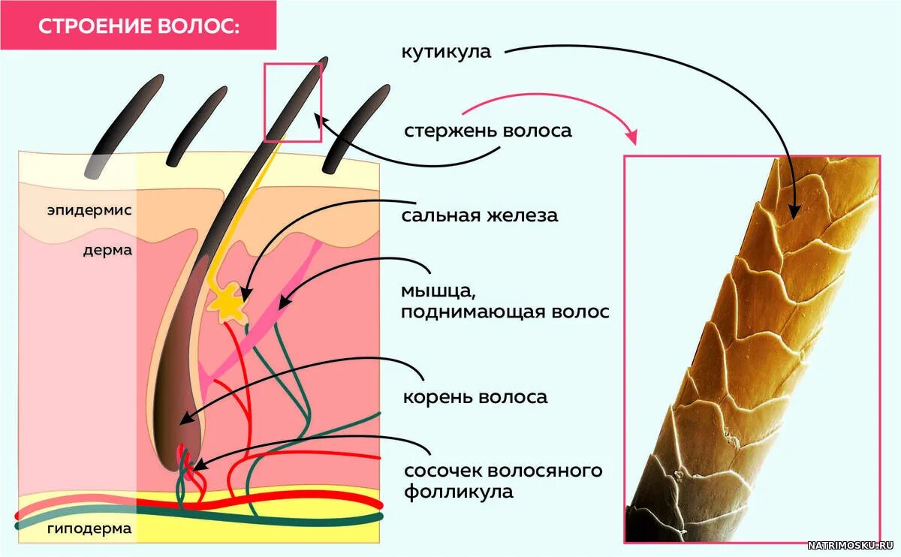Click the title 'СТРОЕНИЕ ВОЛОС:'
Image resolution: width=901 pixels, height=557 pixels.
tap(139, 26)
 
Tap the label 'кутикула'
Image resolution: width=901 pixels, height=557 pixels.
tap(446, 53)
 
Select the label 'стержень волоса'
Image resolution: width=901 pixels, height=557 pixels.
tap(488, 131)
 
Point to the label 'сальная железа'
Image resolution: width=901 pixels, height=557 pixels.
tap(480, 216)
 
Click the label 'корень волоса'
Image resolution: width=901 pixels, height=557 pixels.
tap(475, 396)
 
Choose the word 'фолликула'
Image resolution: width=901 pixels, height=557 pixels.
tap(459, 492)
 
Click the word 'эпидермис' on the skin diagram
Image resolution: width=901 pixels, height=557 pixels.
tap(89, 210)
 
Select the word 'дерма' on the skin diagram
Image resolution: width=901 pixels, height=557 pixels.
tap(107, 250)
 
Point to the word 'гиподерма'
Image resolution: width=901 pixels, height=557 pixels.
tap(89, 528)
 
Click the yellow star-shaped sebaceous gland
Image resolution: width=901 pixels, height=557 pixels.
tap(228, 304)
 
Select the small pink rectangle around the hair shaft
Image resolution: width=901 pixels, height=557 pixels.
tap(293, 103)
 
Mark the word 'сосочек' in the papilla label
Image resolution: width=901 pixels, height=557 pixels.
tap(443, 471)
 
